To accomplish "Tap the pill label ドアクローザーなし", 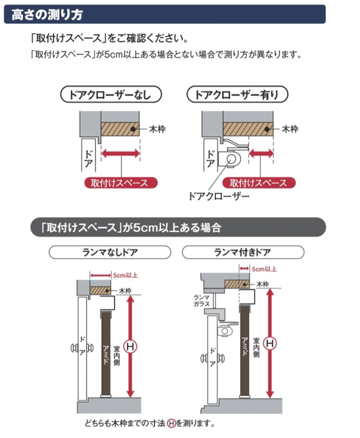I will [112, 95].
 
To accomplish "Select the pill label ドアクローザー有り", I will [236, 95].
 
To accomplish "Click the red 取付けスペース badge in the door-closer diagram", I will [258, 182].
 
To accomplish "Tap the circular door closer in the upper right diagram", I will [232, 159].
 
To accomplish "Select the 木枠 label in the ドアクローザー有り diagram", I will [289, 130].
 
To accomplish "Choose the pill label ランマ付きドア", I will [243, 252].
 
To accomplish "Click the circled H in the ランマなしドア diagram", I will [130, 347].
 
